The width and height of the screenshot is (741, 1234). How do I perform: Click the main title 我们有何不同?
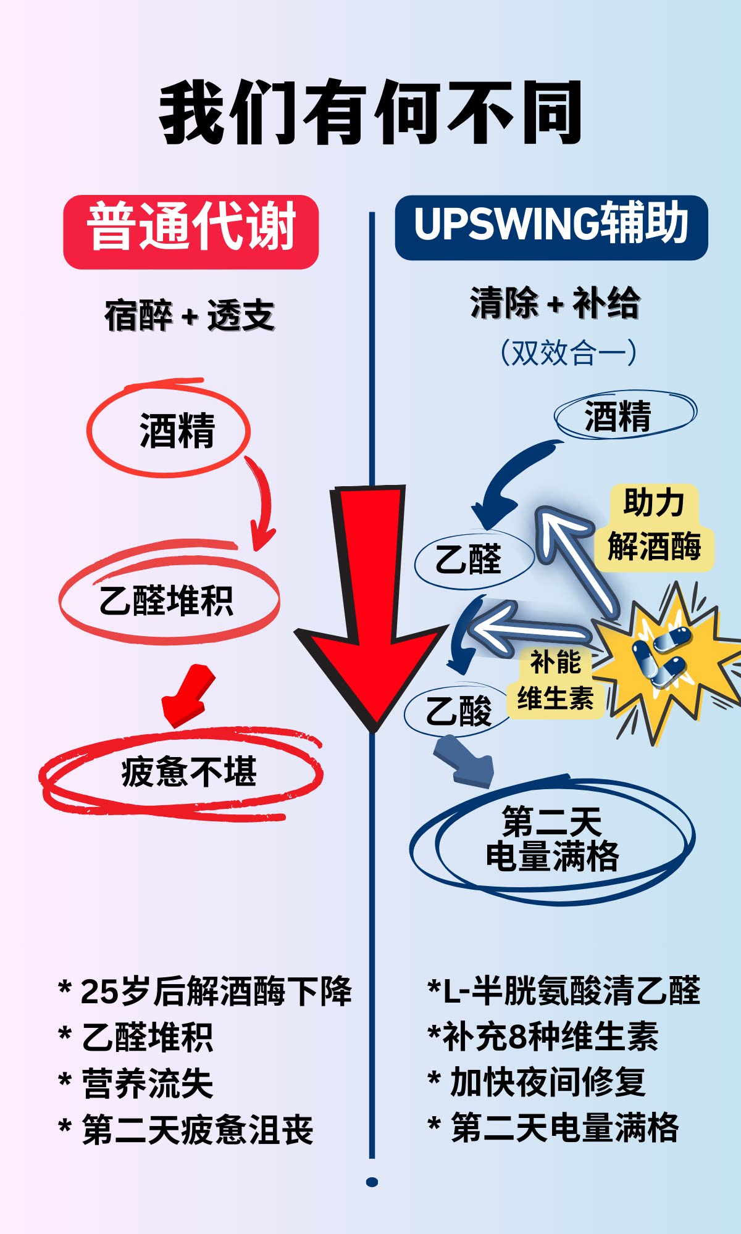click(371, 112)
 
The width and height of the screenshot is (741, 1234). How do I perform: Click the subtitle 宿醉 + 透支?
click(190, 315)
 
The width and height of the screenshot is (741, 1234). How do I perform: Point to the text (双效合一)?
click(568, 353)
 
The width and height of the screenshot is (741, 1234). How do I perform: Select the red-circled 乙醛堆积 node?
click(167, 600)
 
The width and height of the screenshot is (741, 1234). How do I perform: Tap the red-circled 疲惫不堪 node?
click(188, 771)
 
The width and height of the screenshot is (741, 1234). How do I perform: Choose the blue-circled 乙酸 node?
click(458, 711)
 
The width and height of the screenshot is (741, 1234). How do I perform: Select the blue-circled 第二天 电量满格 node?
click(551, 839)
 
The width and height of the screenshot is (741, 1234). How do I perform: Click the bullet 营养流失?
click(147, 1084)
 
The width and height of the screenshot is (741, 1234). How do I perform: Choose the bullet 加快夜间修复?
click(547, 1083)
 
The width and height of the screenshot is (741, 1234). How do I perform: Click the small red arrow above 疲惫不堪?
click(188, 695)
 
